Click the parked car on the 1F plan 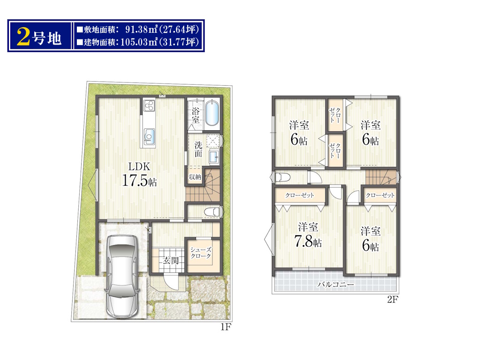122,277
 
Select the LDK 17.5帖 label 140,174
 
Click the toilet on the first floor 212,211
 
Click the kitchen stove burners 149,105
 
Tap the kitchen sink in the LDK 150,135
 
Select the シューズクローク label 201,253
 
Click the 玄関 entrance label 171,261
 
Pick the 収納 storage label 195,177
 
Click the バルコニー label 336,285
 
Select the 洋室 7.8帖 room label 308,235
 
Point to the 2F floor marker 392,300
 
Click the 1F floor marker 225,327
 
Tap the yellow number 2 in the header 23,37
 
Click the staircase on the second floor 381,177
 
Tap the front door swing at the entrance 172,282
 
